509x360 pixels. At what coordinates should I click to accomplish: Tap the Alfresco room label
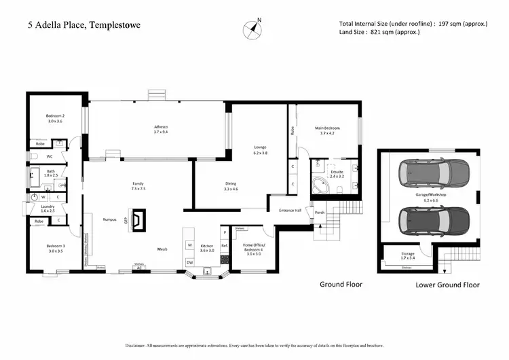point(160,130)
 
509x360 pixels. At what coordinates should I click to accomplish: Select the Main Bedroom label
point(327,130)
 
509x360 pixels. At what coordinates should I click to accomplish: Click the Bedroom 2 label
point(55,118)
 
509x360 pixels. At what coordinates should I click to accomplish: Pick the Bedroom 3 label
point(55,248)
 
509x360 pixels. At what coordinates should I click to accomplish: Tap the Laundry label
point(47,209)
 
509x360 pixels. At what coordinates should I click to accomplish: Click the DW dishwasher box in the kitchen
point(189,262)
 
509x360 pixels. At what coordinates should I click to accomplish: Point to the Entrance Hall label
point(290,210)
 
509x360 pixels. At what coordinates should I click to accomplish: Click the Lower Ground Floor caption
point(447,285)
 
